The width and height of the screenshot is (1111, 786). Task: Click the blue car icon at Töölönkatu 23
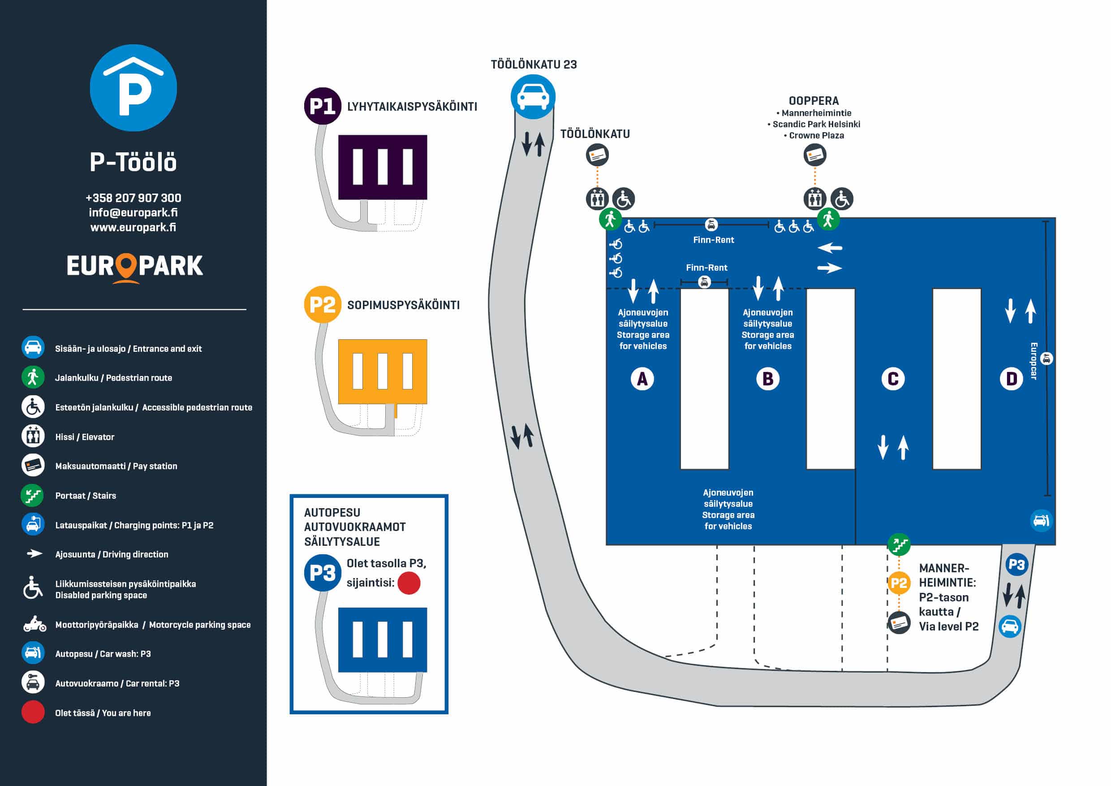[x=533, y=97]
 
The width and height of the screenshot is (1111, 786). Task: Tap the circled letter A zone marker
[x=642, y=379]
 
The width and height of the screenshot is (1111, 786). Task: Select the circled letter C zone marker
[x=893, y=379]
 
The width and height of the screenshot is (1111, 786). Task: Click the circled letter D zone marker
[x=1011, y=379]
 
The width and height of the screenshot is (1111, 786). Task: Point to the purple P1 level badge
[x=322, y=106]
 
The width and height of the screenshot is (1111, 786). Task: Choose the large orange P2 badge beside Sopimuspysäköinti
[x=322, y=304]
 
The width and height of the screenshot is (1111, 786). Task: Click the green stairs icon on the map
[x=899, y=545]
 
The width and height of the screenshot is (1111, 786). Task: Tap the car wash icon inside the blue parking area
[x=1041, y=521]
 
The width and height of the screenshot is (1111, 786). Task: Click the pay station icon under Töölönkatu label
[x=597, y=155]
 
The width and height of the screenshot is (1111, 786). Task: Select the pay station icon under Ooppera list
[x=815, y=155]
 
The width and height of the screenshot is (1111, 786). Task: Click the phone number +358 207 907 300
[x=133, y=198]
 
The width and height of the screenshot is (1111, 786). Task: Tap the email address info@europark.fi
[x=133, y=212]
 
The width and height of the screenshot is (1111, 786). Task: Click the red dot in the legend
[x=33, y=713]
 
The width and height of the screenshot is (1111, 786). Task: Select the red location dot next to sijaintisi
[x=409, y=583]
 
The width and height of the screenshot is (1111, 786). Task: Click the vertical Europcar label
[x=1033, y=361]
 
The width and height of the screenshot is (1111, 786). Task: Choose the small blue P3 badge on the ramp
[x=1016, y=564]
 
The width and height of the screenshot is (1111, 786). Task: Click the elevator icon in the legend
[x=33, y=436]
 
